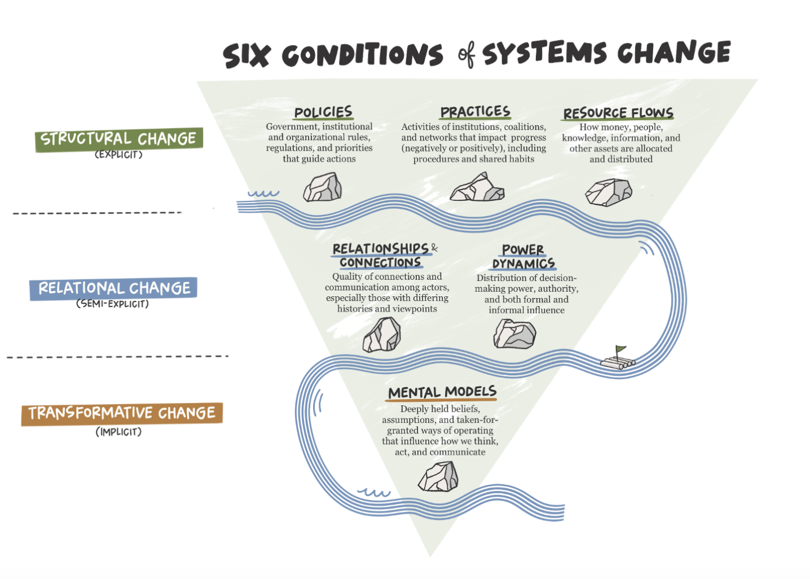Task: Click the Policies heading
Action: [323, 112]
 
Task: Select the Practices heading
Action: [475, 112]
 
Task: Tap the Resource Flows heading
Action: [618, 113]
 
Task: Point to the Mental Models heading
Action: [442, 392]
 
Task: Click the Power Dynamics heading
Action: [523, 257]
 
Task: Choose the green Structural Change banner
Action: [118, 139]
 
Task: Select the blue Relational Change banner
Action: [113, 288]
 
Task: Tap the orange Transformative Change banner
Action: [122, 413]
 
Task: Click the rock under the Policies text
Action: [323, 188]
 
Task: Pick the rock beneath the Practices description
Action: [477, 188]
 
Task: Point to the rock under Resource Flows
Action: [608, 192]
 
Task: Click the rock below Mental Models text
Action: [438, 477]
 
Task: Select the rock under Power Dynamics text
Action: [514, 334]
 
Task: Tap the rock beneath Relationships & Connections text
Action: [382, 335]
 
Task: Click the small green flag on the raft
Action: [620, 349]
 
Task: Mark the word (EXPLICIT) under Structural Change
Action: [118, 155]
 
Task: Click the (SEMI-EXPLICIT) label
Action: [112, 304]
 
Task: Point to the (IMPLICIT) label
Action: [118, 432]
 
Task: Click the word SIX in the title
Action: [246, 56]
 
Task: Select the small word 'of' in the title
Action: [466, 55]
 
